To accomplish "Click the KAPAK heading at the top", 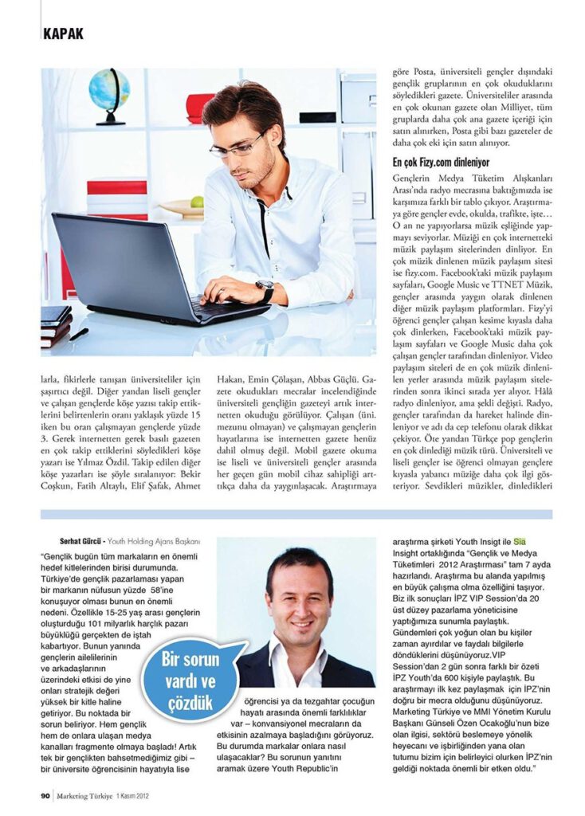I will [62, 34].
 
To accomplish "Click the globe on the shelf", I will [109, 92].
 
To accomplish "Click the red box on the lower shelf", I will [116, 188].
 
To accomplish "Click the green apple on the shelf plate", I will [197, 201].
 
